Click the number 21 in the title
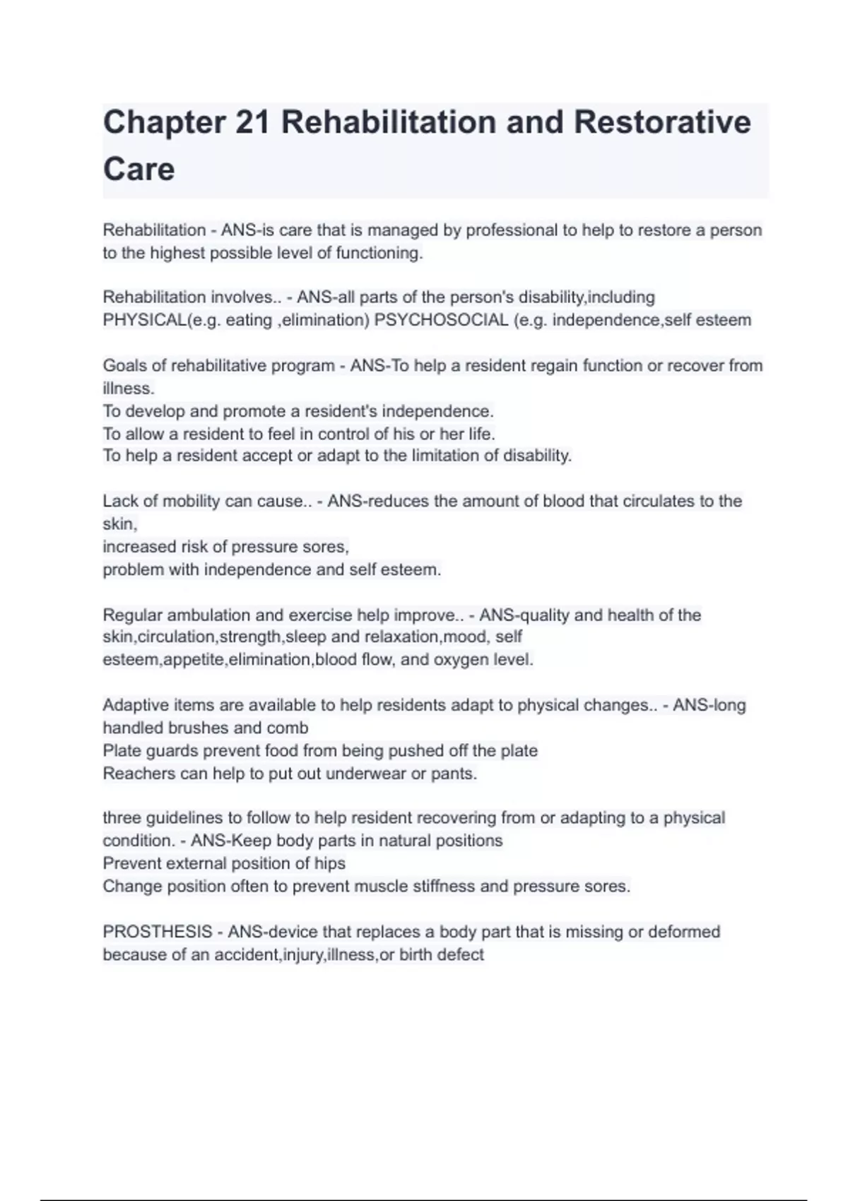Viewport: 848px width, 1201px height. coord(253,122)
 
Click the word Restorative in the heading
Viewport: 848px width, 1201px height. coord(661,122)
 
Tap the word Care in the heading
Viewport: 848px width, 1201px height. coord(139,170)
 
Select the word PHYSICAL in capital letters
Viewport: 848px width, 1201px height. coord(144,320)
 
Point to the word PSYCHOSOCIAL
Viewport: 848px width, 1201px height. coord(441,320)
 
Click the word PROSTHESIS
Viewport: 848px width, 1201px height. coord(157,932)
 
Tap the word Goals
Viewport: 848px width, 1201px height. coord(124,366)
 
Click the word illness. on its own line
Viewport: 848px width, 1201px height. coord(128,389)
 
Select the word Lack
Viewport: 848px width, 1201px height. coord(120,501)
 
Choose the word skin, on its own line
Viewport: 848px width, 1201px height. coord(119,523)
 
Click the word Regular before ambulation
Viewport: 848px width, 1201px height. coord(132,615)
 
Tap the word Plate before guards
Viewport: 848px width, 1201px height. coord(122,750)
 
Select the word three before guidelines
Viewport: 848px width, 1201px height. coord(122,818)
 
